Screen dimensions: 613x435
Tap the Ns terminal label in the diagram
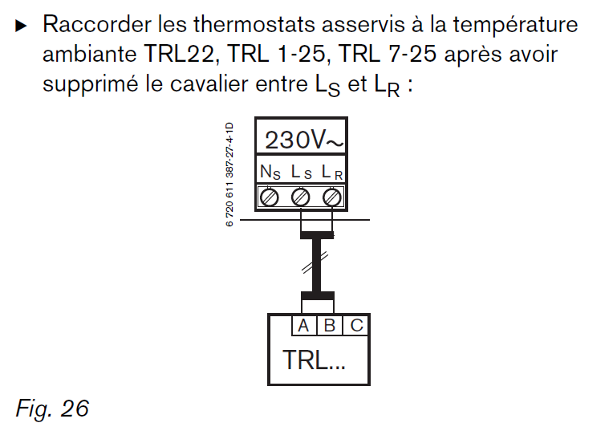(270, 172)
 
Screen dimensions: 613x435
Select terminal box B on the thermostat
(329, 326)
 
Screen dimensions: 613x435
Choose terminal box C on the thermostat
(356, 326)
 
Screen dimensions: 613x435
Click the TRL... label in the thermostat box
(314, 360)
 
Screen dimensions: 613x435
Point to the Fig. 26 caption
(52, 409)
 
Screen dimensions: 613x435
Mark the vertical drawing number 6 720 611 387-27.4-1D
(229, 175)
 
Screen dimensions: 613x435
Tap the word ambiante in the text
(90, 55)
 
